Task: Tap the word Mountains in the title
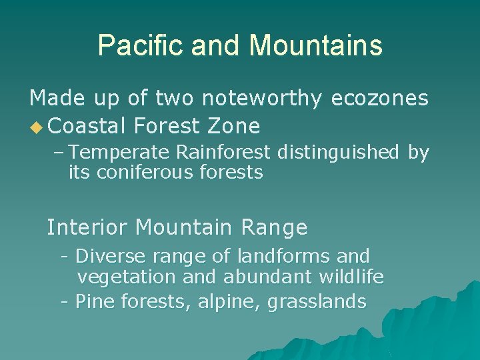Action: click(315, 46)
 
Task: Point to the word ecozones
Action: click(379, 99)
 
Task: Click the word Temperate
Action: click(121, 153)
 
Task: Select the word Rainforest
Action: click(224, 153)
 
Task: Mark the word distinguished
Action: click(337, 153)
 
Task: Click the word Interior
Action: click(87, 228)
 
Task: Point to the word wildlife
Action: click(352, 277)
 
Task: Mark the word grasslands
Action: click(317, 302)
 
